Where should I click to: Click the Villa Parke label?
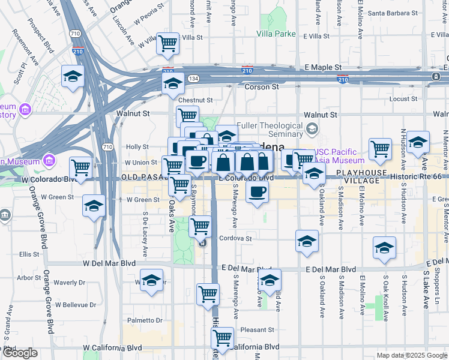276,34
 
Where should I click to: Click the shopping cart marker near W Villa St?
169,44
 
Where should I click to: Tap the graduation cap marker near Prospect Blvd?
73,77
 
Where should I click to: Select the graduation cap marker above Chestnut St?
173,83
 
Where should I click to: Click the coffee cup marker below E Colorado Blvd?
258,193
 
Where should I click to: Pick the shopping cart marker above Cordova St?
200,227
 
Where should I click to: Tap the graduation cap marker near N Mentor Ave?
418,142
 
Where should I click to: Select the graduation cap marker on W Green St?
94,206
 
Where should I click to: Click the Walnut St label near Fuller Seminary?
321,115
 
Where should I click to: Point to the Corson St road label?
262,87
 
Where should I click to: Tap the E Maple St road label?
323,67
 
